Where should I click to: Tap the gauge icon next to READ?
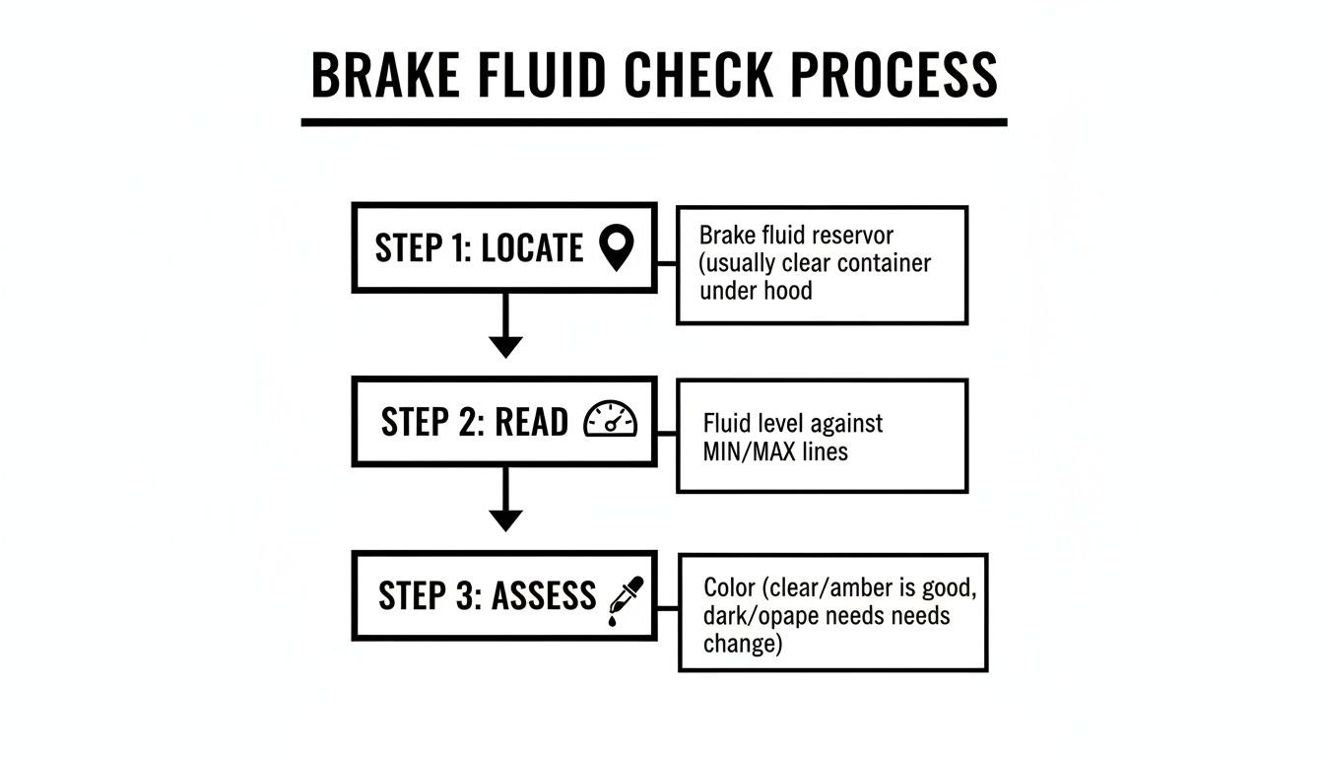611,421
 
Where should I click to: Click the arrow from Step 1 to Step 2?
505,326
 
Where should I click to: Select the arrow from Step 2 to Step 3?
505,501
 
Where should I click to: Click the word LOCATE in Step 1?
532,248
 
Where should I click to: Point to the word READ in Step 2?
531,422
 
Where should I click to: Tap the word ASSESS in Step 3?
544,596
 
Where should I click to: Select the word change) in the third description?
742,644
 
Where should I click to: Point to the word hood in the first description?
787,292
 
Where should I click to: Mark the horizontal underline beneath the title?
654,122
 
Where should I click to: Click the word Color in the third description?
730,587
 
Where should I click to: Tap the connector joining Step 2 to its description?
666,434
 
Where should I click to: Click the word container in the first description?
880,264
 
